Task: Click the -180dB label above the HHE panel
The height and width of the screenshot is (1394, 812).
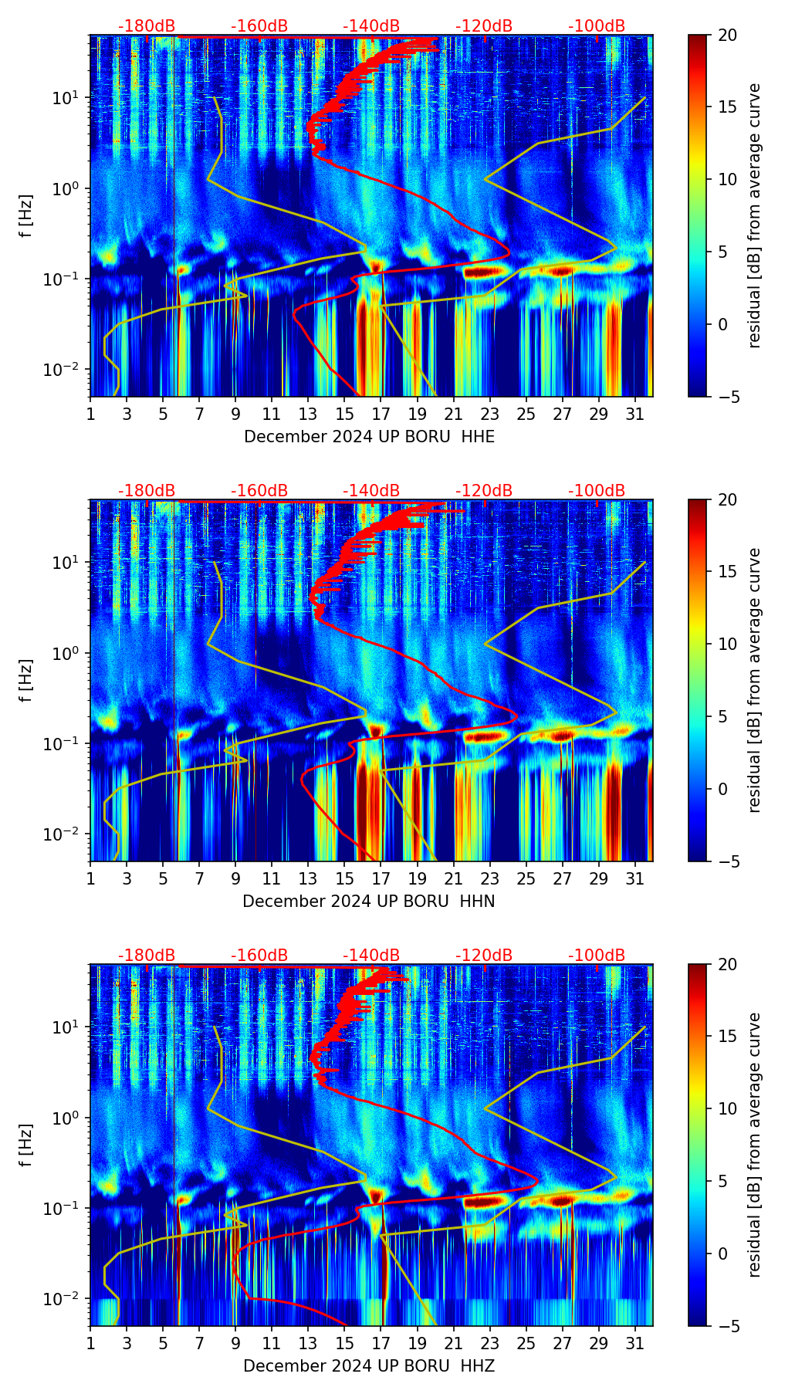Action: point(147,26)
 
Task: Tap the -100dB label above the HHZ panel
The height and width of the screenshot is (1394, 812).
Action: point(597,956)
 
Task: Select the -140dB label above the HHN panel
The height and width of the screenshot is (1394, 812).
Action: point(371,491)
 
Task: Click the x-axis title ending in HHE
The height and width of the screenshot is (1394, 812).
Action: point(369,437)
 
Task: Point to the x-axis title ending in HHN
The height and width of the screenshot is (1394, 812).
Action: point(369,902)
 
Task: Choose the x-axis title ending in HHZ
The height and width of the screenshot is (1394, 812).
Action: point(369,1366)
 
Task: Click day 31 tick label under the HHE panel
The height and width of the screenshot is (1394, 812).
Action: point(635,414)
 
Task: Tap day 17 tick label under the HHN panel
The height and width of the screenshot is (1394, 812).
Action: point(381,879)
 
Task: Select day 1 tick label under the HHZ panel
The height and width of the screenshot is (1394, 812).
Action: point(90,1344)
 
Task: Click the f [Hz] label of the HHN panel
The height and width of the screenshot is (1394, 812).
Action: point(27,680)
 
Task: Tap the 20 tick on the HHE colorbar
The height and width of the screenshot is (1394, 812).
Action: point(727,36)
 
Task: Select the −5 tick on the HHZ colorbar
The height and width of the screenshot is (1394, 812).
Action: point(727,1326)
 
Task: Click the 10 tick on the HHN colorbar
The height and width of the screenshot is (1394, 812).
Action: point(727,644)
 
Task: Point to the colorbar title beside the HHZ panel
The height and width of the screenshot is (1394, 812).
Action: point(754,1145)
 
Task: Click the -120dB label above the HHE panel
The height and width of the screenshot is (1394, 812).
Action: point(484,26)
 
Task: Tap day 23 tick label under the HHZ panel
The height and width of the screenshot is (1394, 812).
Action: point(490,1344)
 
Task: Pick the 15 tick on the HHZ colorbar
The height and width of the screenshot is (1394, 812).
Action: point(727,1037)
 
